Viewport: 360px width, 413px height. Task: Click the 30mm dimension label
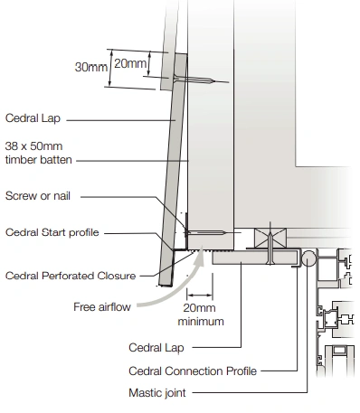click(90, 67)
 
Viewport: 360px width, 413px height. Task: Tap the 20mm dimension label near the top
click(130, 63)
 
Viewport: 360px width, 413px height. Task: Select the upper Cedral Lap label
click(33, 118)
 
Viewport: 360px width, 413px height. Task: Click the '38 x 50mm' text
click(33, 146)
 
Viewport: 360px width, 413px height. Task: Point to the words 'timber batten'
click(39, 160)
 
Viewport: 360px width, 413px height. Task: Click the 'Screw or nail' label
click(38, 196)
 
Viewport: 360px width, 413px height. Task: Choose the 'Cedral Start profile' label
click(52, 232)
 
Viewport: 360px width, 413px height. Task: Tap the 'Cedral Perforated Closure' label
click(71, 276)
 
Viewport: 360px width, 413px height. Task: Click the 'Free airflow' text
click(102, 307)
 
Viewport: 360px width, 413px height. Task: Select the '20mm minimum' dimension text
click(201, 314)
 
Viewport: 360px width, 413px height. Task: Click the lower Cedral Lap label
click(156, 348)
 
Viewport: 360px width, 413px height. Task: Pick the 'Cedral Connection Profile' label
click(193, 371)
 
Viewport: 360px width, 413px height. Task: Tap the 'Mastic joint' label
click(157, 393)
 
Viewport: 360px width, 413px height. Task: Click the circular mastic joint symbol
click(308, 258)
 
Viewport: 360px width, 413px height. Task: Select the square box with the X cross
click(270, 238)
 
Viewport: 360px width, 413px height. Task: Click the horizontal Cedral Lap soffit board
click(255, 258)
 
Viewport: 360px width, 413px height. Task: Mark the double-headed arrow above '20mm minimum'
click(200, 296)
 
